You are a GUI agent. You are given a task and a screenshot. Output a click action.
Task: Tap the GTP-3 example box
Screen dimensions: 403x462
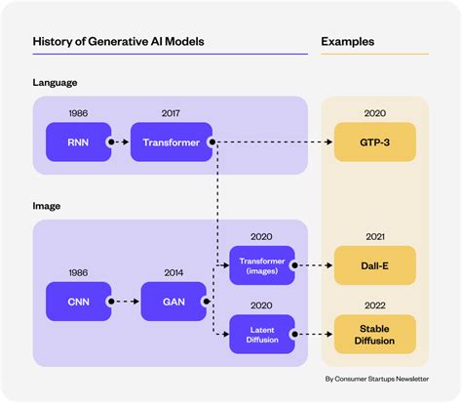[x=375, y=143]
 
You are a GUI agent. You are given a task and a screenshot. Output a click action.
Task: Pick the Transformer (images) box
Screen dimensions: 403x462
[x=261, y=264]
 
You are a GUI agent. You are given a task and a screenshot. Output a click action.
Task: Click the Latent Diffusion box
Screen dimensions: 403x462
[x=261, y=335]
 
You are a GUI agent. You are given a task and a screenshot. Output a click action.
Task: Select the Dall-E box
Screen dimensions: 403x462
[x=375, y=264]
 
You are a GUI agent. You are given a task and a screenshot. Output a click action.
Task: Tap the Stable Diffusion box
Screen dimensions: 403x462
[x=375, y=333]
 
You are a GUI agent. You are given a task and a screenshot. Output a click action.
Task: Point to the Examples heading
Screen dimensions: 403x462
[x=348, y=42]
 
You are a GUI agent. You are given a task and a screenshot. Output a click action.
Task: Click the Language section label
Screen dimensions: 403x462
[x=56, y=84]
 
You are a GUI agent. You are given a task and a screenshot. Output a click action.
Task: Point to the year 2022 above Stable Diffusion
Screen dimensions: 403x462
[x=375, y=303]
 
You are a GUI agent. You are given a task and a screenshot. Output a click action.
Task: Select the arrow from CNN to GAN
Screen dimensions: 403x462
[x=124, y=301]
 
